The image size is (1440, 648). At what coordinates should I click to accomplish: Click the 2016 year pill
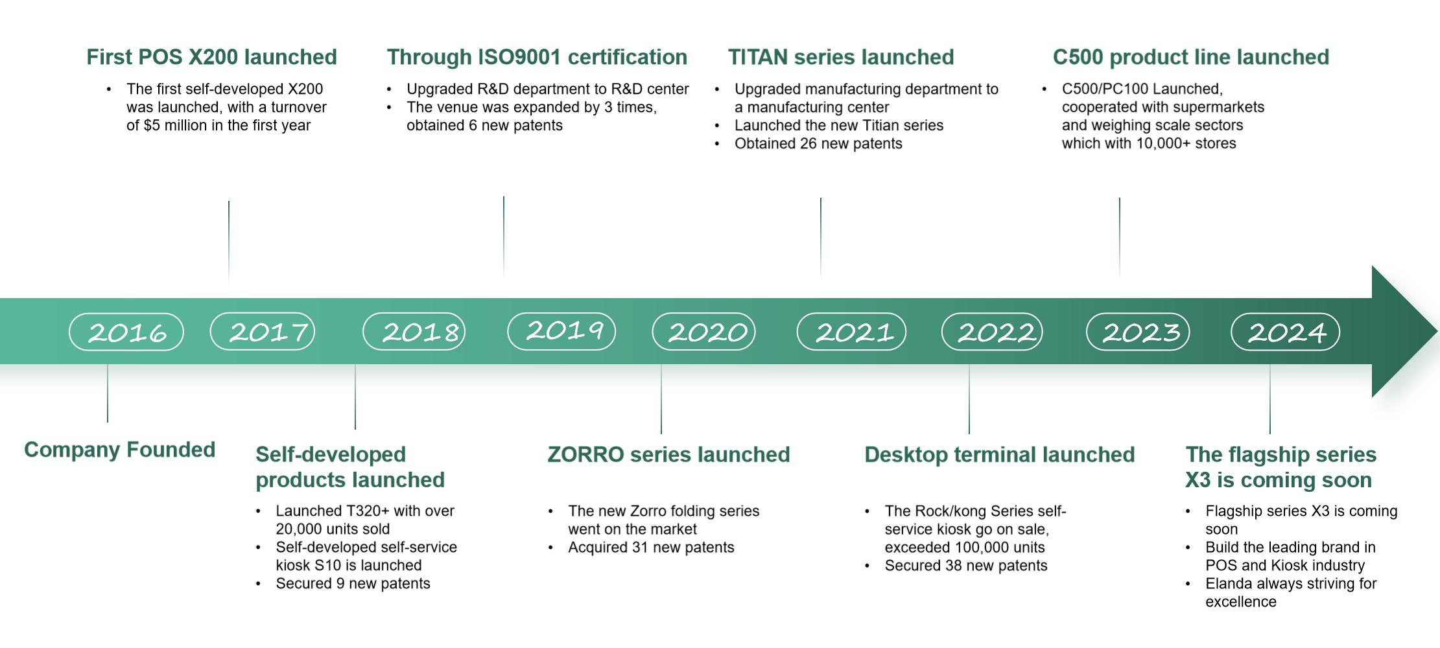tap(126, 332)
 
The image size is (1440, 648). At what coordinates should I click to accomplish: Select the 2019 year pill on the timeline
tap(561, 331)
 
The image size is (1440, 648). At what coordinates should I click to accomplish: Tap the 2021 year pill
tap(851, 332)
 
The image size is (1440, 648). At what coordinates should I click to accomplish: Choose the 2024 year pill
tap(1286, 332)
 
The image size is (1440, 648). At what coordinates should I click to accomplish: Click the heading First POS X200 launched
tap(211, 57)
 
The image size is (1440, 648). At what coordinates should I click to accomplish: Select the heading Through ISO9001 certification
tap(537, 57)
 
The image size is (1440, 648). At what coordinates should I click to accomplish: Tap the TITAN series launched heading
tap(841, 57)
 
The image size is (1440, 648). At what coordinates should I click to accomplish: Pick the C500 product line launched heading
tap(1191, 57)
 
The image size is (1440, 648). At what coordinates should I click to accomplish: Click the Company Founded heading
tap(119, 450)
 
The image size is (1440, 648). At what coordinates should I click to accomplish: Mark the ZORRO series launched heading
tap(668, 454)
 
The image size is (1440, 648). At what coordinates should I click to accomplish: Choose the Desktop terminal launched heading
tap(999, 454)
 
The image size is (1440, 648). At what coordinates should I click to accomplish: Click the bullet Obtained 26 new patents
tap(818, 143)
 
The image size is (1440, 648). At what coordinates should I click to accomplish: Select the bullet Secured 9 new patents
tap(353, 583)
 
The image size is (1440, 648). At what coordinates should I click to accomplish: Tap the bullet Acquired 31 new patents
tap(651, 547)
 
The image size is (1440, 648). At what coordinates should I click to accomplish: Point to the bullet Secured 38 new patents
tap(965, 565)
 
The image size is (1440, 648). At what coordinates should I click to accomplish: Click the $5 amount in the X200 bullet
tap(152, 125)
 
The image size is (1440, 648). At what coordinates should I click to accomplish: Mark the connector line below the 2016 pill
tap(108, 393)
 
